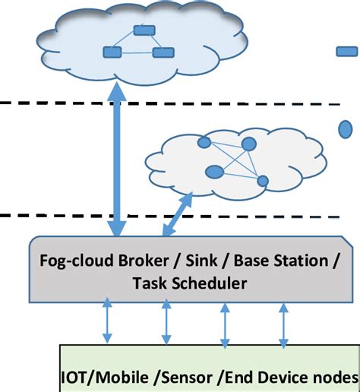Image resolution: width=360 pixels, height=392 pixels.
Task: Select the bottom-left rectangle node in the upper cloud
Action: [x=112, y=53]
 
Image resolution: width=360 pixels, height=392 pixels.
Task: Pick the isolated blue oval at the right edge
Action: [x=345, y=129]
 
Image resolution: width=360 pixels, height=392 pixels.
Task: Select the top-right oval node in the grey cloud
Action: [x=248, y=144]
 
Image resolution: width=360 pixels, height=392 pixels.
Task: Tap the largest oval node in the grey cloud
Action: [x=215, y=171]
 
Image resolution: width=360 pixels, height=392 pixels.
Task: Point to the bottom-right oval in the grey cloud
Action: [x=263, y=181]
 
